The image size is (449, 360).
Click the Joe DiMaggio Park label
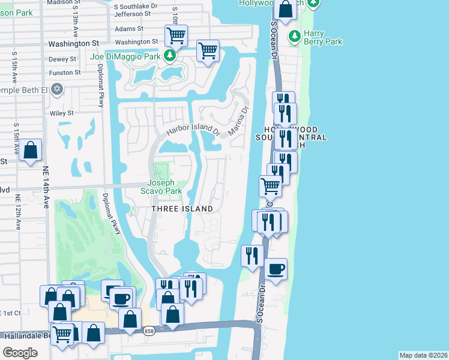point(125,57)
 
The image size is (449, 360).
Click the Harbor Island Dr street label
point(193,128)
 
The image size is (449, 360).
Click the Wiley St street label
point(61,112)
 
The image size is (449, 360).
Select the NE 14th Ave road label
point(45,186)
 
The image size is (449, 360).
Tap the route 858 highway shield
point(149,331)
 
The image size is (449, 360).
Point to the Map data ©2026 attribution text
point(423,355)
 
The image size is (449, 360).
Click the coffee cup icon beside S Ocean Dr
point(276,269)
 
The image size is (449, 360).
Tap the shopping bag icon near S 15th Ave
point(30,151)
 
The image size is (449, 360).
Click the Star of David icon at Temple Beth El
point(57,90)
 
